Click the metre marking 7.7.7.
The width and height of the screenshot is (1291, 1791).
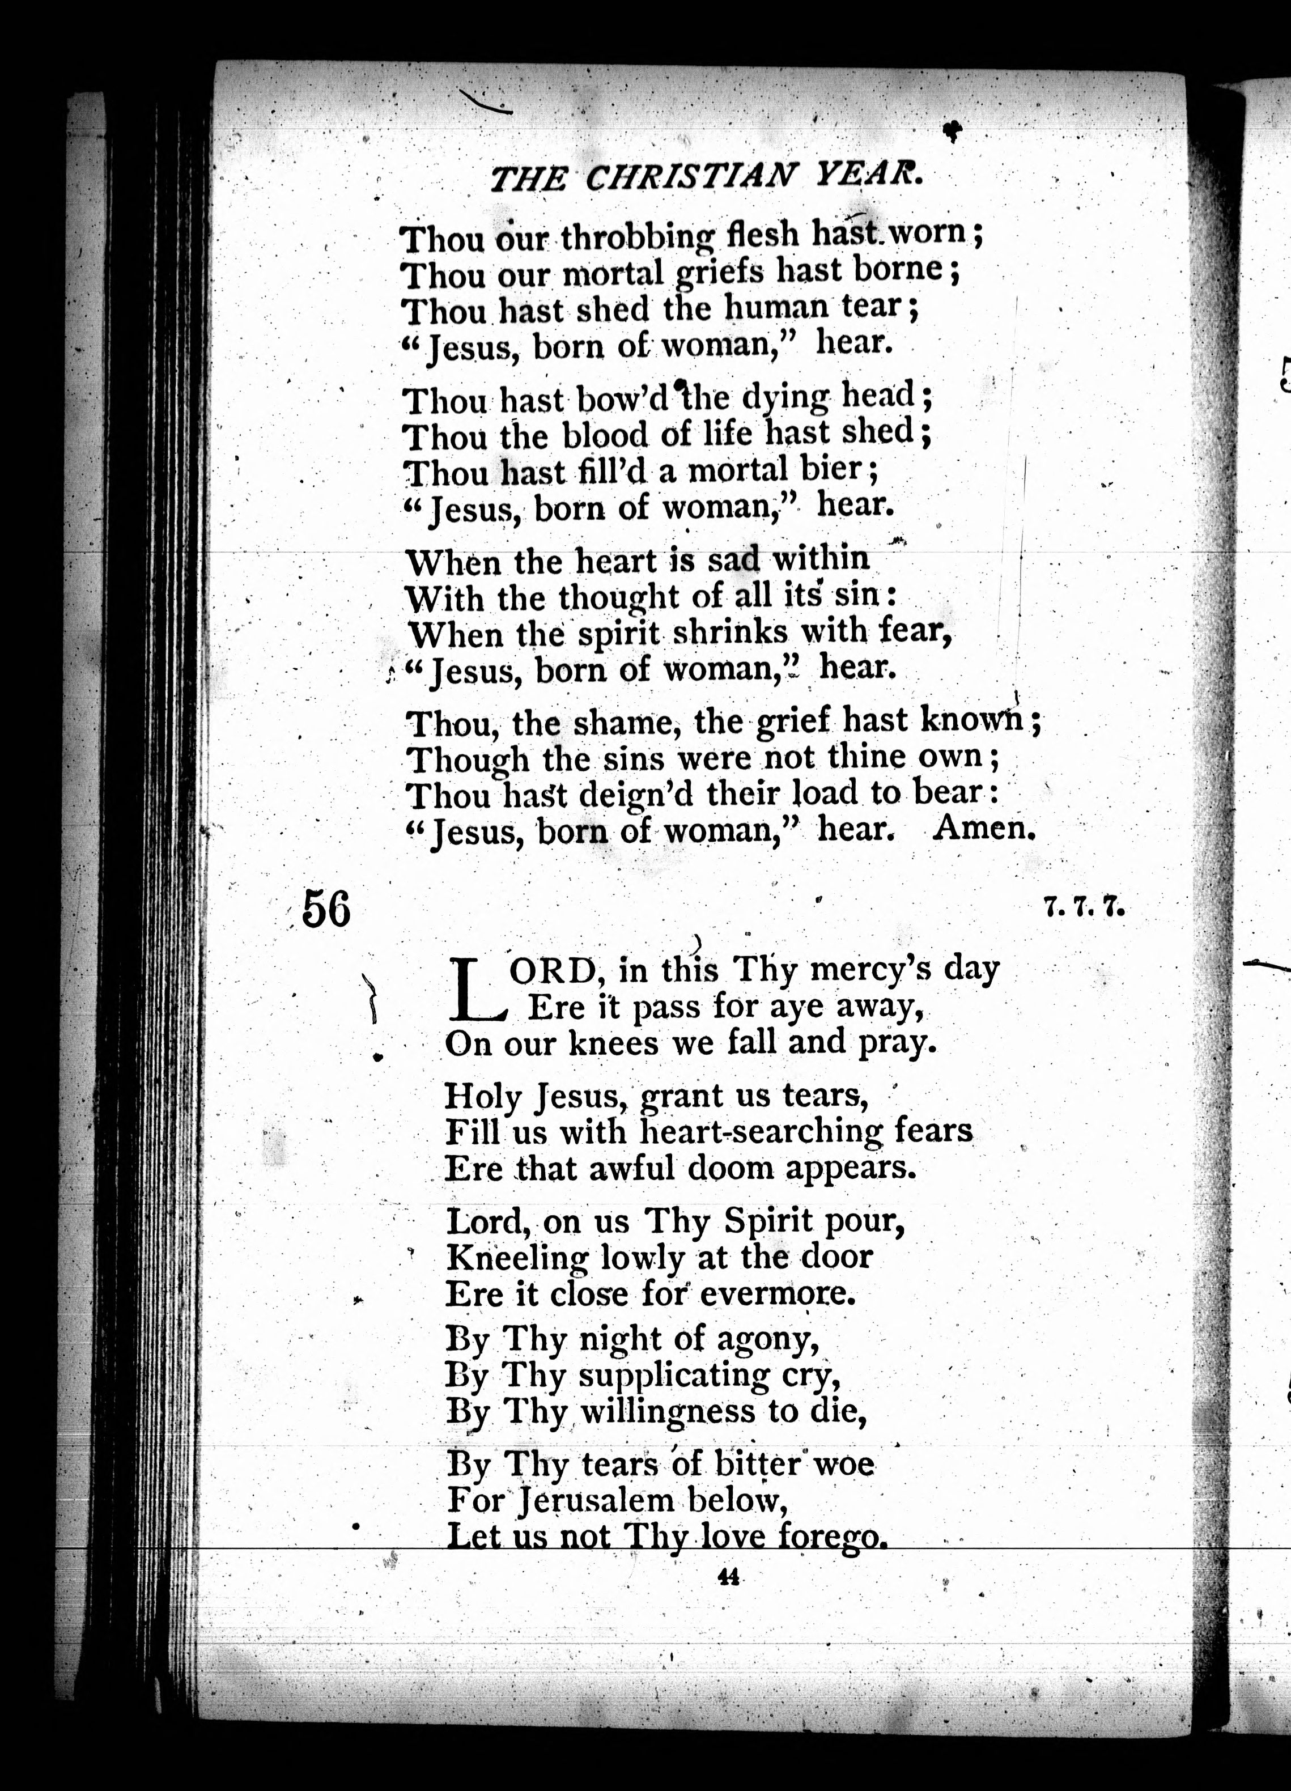click(1084, 908)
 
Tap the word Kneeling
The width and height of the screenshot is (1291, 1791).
click(516, 1257)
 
